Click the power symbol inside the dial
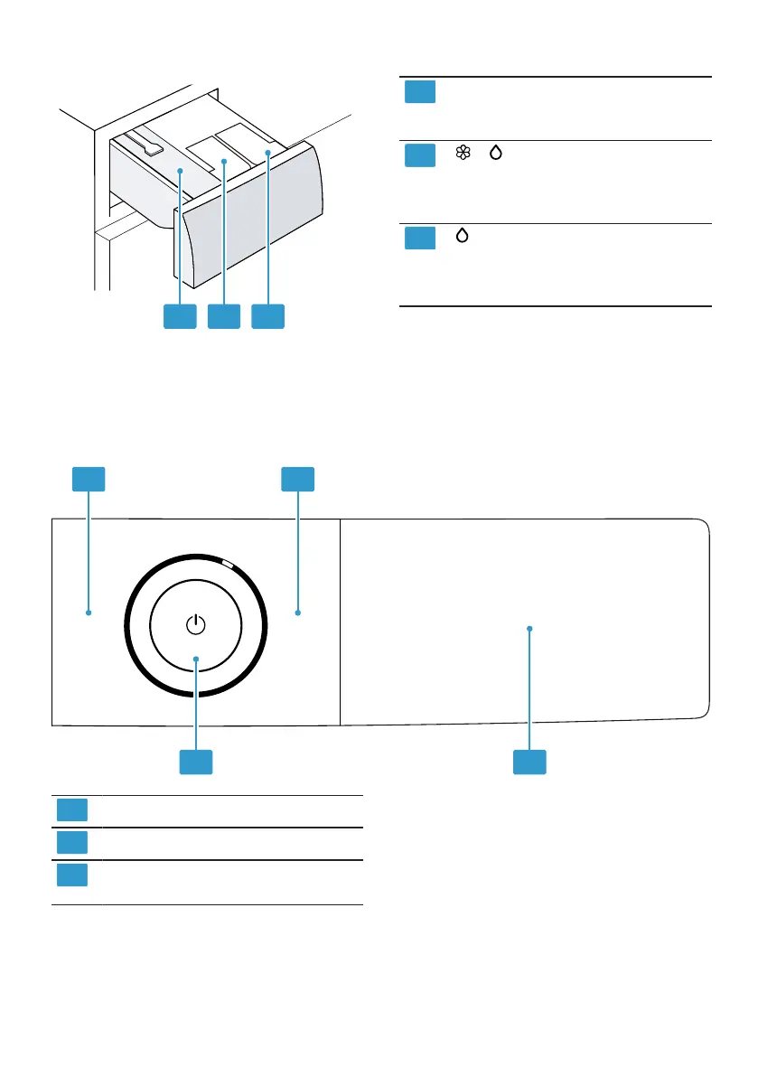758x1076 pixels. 196,624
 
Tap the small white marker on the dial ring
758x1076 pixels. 228,566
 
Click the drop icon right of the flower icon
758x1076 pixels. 495,154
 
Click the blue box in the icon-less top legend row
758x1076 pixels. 419,91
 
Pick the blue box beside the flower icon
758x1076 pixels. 419,154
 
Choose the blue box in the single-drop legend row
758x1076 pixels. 419,238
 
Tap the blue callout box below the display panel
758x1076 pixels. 530,761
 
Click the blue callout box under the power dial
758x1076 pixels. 195,761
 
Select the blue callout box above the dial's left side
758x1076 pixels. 89,479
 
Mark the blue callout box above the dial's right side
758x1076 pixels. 298,479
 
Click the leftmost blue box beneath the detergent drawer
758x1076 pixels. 180,315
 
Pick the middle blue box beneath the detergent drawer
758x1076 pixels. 223,315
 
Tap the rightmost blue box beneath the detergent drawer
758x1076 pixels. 267,315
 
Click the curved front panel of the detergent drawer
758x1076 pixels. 254,218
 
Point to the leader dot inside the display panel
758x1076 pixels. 530,628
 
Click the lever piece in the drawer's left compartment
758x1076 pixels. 144,145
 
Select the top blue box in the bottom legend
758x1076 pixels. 72,810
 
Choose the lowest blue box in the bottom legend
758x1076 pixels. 72,875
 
